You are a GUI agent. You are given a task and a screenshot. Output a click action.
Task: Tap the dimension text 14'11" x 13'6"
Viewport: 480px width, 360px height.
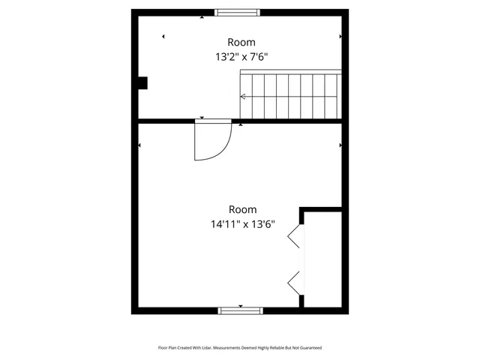[x=242, y=223]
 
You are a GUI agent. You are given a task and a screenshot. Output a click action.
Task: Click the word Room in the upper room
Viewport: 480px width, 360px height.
[x=241, y=42]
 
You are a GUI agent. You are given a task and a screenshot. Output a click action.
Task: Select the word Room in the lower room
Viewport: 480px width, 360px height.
[x=242, y=209]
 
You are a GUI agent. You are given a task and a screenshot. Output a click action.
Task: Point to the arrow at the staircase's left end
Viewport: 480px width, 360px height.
[x=242, y=96]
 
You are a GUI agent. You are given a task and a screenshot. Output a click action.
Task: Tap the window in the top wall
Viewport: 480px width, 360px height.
[x=238, y=12]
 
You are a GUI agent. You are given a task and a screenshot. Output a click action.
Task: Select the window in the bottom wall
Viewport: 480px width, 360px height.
[x=241, y=310]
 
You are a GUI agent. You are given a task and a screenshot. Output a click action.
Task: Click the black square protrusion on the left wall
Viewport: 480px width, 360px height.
[x=142, y=83]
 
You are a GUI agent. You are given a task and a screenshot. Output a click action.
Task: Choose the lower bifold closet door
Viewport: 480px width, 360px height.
[x=295, y=282]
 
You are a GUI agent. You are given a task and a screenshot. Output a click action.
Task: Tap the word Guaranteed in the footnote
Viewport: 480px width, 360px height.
[x=307, y=348]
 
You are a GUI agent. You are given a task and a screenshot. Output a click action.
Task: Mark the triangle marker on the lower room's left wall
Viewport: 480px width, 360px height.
[x=140, y=145]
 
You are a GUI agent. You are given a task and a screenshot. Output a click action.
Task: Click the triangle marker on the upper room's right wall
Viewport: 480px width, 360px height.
[x=340, y=36]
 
